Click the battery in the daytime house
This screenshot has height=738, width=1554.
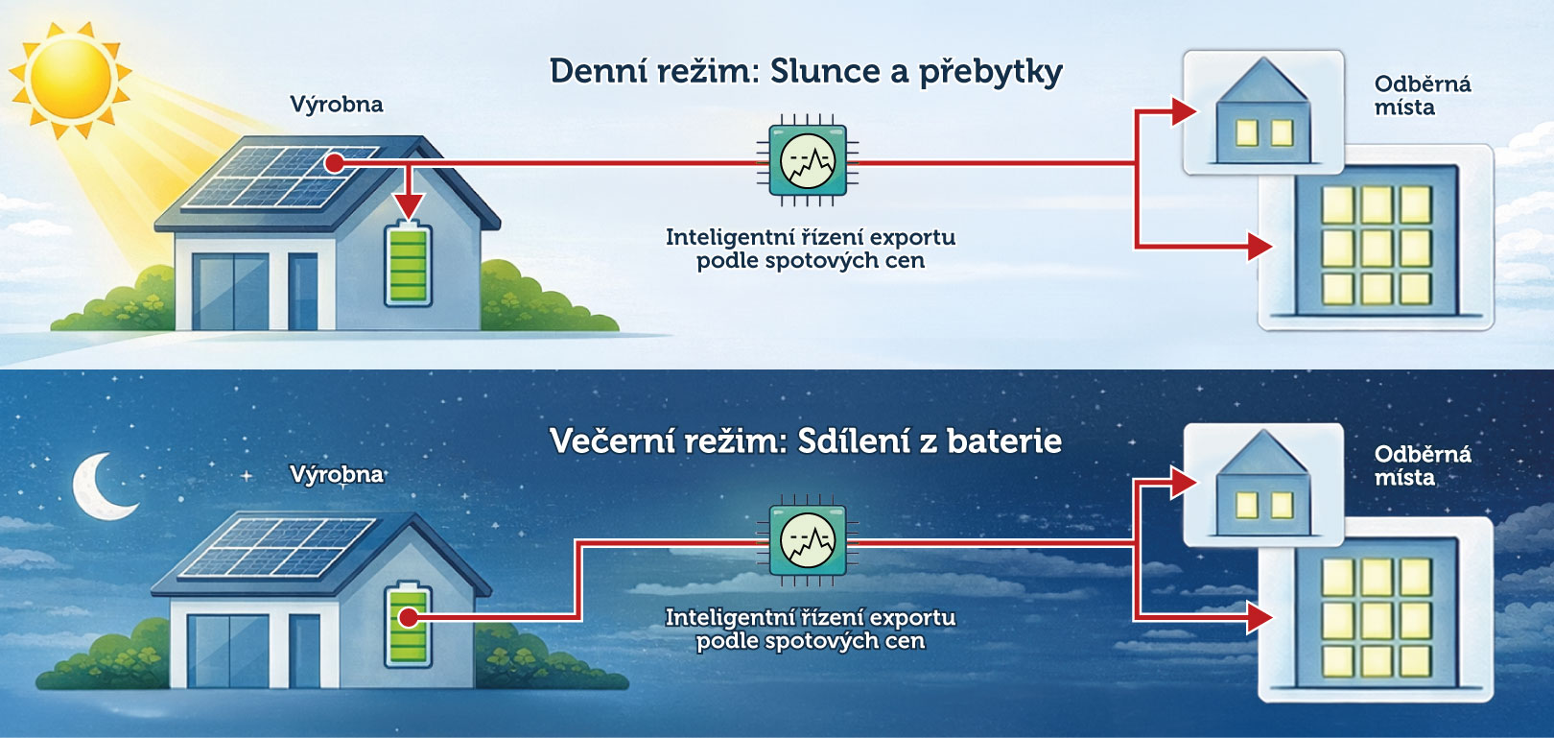coord(408,265)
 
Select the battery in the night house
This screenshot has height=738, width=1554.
coord(408,627)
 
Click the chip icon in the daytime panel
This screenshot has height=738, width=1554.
coord(807,162)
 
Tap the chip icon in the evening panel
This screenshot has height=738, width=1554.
coord(807,541)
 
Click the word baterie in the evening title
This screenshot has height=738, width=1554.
coord(1003,441)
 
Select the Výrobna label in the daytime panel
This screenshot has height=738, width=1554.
coord(336,105)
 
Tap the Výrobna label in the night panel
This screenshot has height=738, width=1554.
coord(336,475)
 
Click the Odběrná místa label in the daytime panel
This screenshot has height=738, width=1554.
coord(1422,96)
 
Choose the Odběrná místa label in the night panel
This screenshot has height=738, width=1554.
coord(1422,465)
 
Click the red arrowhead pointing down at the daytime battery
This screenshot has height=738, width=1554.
coord(409,205)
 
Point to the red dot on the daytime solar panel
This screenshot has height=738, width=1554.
coord(334,163)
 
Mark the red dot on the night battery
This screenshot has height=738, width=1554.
coord(409,617)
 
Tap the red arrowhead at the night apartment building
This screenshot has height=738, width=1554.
coord(1259,617)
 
